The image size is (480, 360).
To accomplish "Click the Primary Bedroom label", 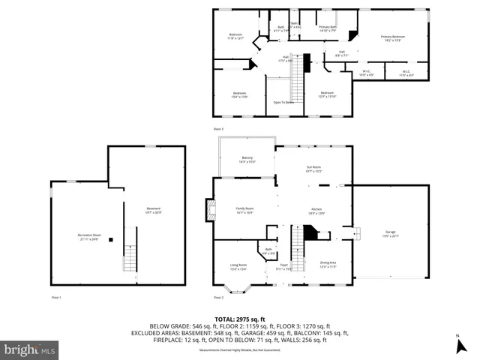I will [392, 37].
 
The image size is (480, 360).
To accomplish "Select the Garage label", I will [391, 235].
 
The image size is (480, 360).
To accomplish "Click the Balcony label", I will [247, 160].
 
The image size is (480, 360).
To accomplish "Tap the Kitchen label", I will [316, 211].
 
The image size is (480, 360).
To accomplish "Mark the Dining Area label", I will [328, 263].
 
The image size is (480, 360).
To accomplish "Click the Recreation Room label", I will [89, 236].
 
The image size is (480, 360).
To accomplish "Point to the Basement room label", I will [154, 210].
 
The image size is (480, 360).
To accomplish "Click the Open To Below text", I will [283, 102].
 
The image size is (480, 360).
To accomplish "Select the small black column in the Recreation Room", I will [110, 240].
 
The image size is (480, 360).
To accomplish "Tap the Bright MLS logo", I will [30, 349].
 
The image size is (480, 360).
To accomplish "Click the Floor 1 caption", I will [56, 298].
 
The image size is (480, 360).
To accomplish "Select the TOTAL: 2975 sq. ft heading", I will [239, 319].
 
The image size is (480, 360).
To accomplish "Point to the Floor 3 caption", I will [218, 129].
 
